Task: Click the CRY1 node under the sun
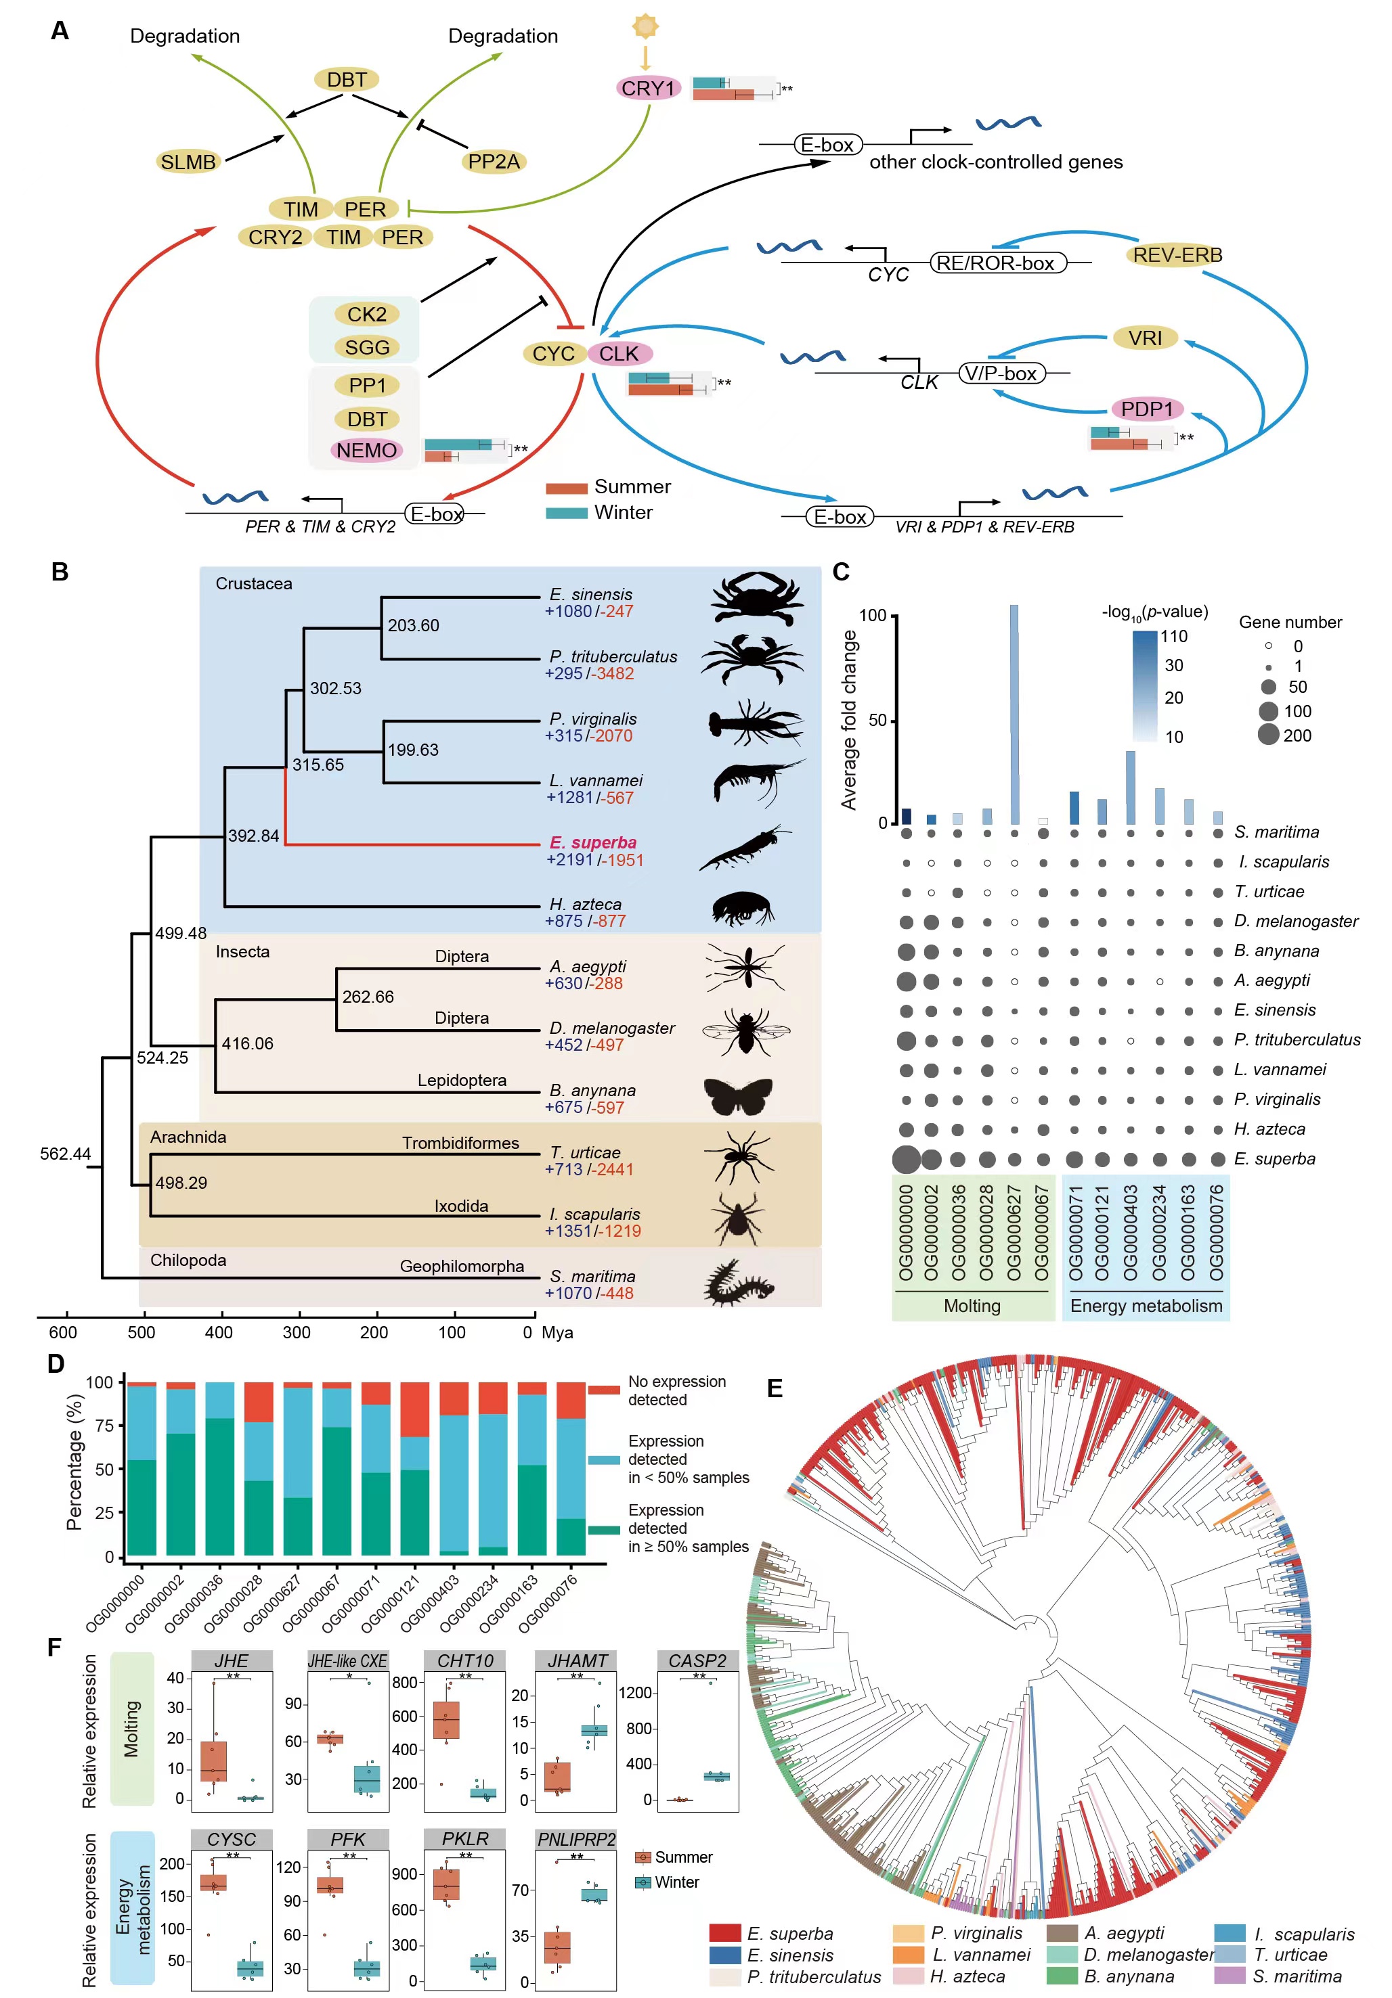648,88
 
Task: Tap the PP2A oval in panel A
494,162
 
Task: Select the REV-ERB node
1177,255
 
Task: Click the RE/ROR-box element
999,263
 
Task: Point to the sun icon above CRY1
645,26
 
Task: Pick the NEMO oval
366,450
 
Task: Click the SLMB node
188,162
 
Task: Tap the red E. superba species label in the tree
593,842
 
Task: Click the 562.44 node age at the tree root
65,1154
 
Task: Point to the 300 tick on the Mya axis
298,1332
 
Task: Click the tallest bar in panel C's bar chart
1014,714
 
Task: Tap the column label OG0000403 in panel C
1130,1232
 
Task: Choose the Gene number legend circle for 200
1268,735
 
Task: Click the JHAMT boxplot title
577,1660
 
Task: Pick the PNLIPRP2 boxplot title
576,1839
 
